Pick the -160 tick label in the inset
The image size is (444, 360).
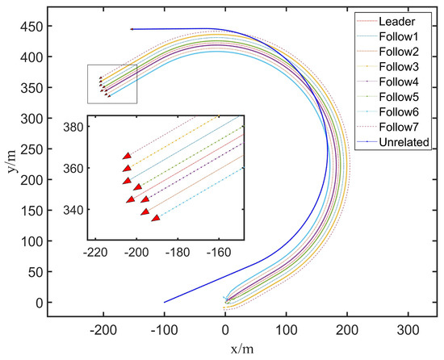pos(218,251)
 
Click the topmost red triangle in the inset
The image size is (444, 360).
pos(126,156)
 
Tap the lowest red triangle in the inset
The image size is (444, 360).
pos(156,217)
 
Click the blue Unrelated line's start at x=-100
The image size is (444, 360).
pos(165,303)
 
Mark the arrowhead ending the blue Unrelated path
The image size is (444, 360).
pos(131,29)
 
